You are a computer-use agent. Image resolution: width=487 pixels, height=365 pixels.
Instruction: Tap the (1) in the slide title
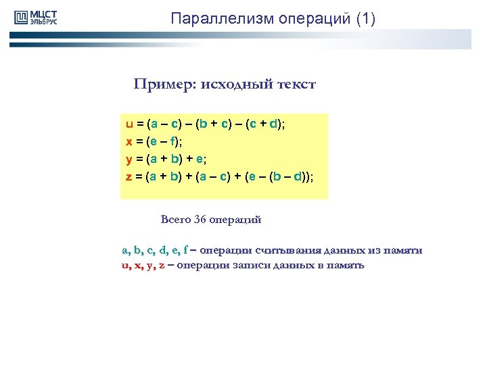(365, 18)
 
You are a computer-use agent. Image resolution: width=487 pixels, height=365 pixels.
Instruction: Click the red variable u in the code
(129, 124)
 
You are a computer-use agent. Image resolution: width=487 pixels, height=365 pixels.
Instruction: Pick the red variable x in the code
(129, 142)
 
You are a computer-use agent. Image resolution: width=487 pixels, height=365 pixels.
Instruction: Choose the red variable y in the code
(129, 160)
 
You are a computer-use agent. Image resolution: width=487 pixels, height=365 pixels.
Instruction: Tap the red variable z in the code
(129, 177)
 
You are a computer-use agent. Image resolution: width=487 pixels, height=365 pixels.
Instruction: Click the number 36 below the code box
(200, 220)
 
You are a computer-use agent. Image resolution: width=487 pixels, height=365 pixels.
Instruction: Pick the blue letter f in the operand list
(186, 251)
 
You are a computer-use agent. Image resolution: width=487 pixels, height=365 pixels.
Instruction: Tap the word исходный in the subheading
(227, 84)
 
